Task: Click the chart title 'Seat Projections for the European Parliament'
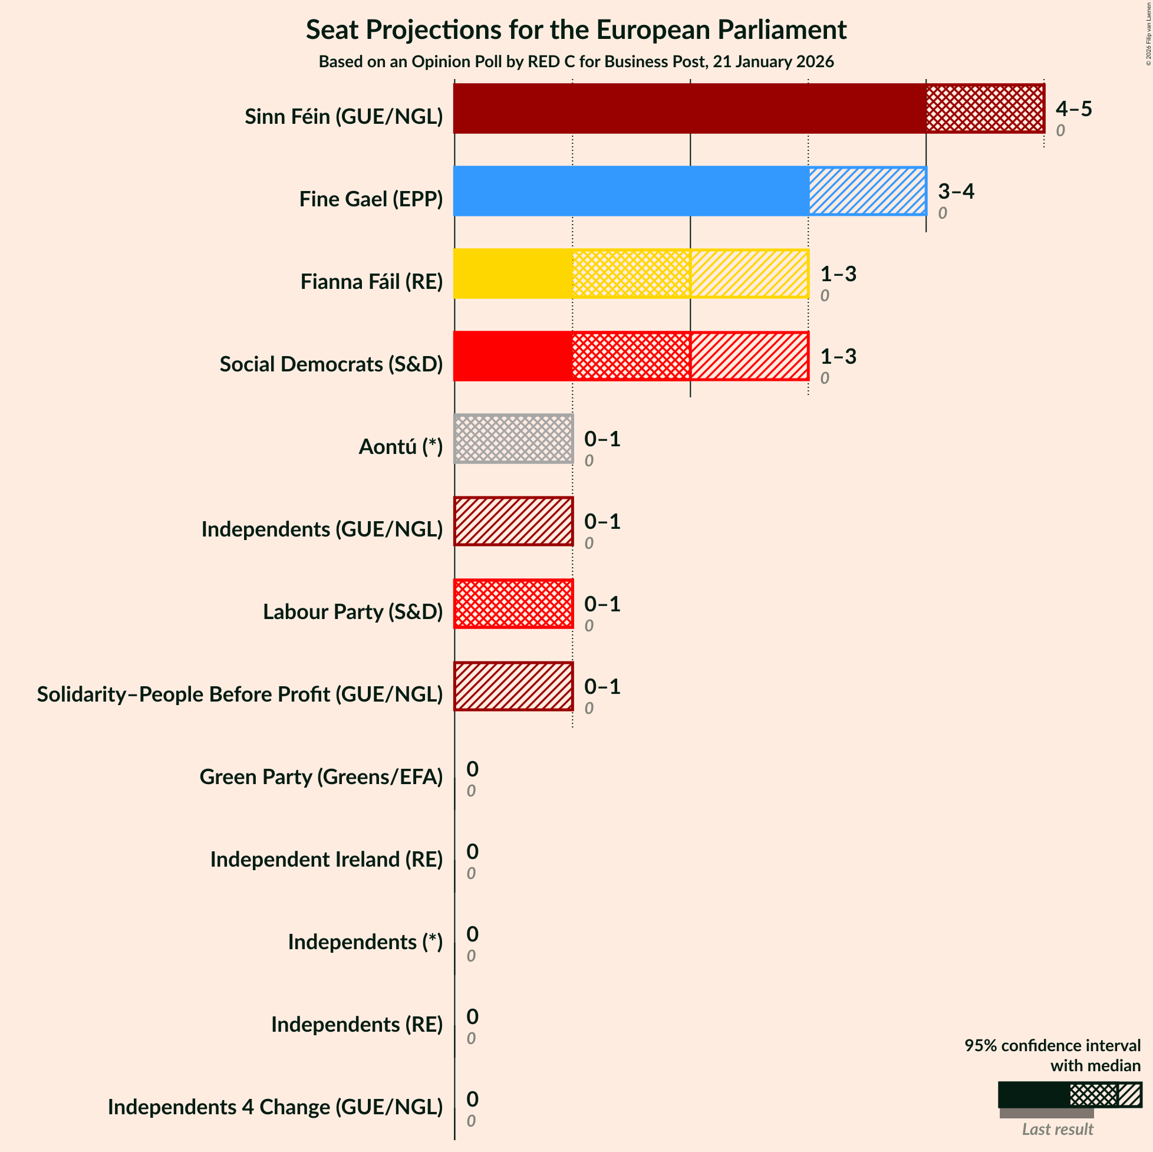(576, 30)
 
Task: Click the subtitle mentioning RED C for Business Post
(576, 62)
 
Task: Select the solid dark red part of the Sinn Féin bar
(689, 108)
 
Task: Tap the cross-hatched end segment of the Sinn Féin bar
(984, 108)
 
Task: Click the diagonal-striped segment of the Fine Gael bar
(868, 191)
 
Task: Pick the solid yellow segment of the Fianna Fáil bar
(513, 274)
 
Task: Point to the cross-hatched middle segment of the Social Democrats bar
(631, 356)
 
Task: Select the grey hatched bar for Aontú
(513, 439)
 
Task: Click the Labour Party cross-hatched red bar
(513, 604)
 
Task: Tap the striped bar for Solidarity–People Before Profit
(513, 686)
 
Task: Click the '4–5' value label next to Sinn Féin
(1073, 108)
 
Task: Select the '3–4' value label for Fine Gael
(956, 191)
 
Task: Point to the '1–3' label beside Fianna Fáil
(838, 274)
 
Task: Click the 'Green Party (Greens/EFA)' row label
(321, 776)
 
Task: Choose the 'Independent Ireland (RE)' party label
(327, 859)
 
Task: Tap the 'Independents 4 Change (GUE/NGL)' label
(275, 1107)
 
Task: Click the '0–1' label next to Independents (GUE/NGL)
(602, 522)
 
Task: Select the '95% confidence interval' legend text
(1052, 1045)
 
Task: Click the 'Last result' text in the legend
(1058, 1130)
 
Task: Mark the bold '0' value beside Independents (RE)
(472, 1016)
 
